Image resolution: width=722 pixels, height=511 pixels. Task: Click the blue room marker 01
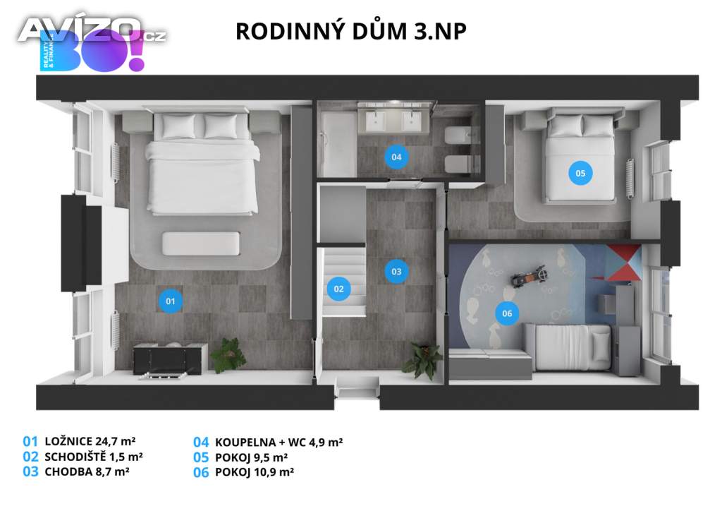(x=170, y=301)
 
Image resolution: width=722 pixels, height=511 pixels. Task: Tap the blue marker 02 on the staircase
(x=338, y=288)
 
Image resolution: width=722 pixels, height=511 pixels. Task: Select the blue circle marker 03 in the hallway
(x=396, y=271)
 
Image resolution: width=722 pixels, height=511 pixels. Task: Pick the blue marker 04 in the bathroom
(x=396, y=157)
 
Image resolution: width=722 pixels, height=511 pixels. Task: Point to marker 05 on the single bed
(x=580, y=172)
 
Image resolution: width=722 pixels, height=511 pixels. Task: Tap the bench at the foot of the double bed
(x=192, y=243)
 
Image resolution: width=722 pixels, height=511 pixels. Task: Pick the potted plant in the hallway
(x=422, y=361)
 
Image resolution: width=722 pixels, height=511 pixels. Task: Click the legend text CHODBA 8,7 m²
(x=86, y=471)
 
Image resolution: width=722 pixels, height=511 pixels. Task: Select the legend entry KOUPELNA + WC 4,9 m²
(x=279, y=443)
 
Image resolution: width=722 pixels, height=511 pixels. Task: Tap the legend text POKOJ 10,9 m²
(x=254, y=472)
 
